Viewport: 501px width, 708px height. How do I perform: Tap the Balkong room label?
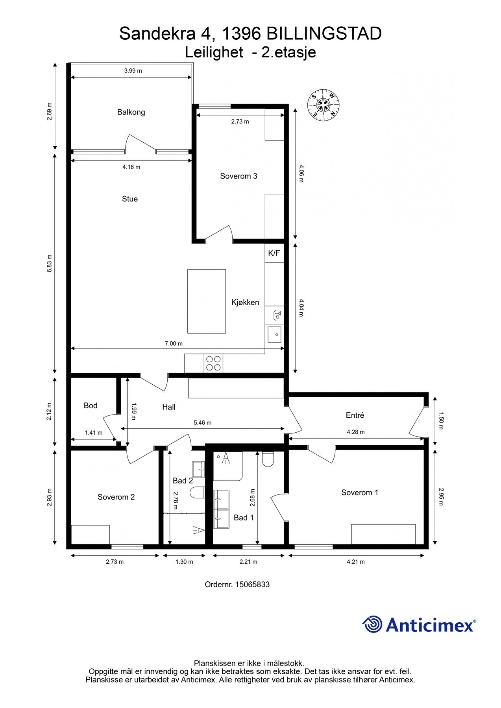tap(131, 112)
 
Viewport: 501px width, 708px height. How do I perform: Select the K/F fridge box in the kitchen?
tap(274, 253)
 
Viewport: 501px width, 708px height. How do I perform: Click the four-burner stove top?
tap(213, 363)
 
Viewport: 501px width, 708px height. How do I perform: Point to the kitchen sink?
tap(274, 334)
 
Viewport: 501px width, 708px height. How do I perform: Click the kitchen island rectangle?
tap(207, 301)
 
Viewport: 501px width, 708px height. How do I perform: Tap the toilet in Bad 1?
tap(268, 459)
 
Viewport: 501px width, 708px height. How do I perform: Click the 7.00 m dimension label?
tap(174, 343)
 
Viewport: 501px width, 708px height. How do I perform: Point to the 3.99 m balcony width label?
tap(133, 71)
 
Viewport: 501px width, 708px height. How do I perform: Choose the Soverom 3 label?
tap(238, 176)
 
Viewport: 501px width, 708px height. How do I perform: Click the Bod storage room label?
tap(91, 406)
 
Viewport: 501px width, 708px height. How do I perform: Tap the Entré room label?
tap(355, 415)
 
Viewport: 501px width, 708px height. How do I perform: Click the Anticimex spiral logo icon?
tap(372, 624)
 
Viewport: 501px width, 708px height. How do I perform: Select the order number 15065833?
tap(252, 584)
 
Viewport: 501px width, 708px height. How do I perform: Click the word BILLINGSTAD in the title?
tap(324, 34)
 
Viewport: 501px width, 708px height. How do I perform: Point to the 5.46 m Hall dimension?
tap(203, 423)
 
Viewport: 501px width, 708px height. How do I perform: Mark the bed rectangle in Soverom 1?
tap(383, 534)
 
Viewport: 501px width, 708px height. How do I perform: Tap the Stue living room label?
tap(130, 199)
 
